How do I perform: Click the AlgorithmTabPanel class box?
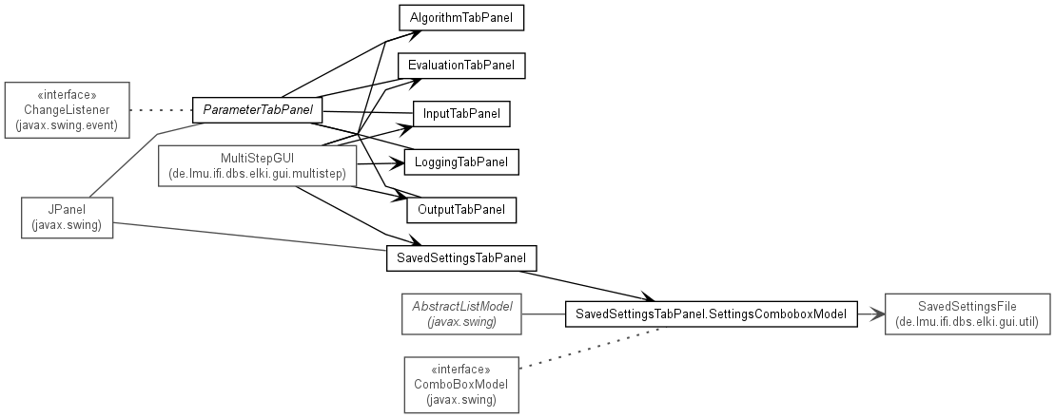[x=461, y=18]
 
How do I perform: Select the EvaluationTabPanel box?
[x=461, y=66]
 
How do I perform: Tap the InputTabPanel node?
[x=461, y=114]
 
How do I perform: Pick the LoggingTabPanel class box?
[x=461, y=161]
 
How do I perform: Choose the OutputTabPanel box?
[x=461, y=210]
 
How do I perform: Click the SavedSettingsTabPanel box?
[x=461, y=258]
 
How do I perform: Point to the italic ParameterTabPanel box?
[x=258, y=109]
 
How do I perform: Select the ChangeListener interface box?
[x=68, y=110]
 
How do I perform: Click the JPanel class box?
[x=67, y=217]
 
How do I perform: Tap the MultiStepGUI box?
[x=257, y=166]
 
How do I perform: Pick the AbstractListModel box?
[x=461, y=313]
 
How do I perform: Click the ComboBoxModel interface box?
[x=461, y=385]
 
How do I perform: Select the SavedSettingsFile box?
[x=967, y=313]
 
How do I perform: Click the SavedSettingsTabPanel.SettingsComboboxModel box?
[x=712, y=313]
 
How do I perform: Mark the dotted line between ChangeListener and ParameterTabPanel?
[x=161, y=109]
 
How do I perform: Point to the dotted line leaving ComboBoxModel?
[x=592, y=347]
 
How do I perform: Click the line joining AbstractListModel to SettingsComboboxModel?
[x=543, y=313]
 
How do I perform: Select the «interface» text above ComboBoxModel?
[x=460, y=370]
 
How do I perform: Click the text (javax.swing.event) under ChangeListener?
[x=68, y=124]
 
